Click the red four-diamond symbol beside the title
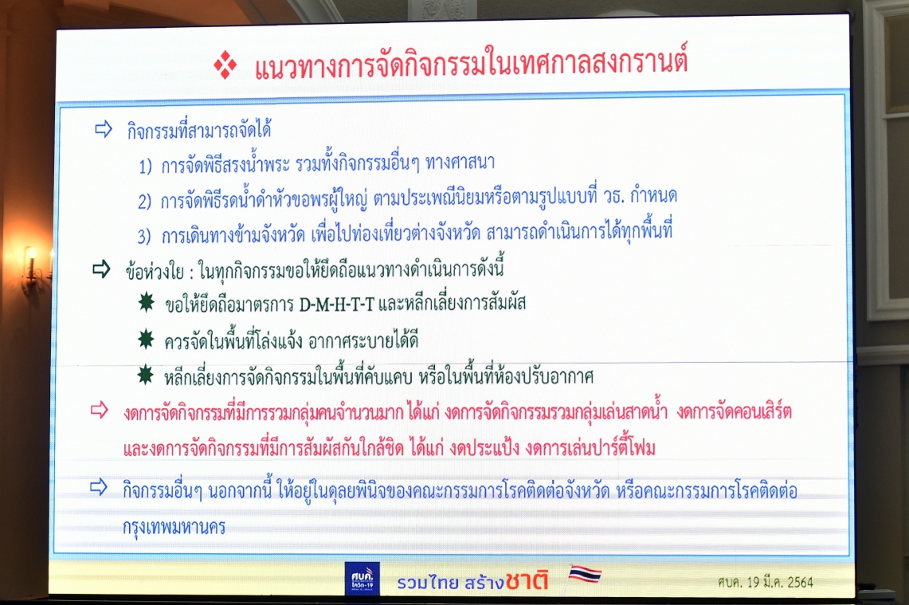point(225,65)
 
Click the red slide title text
point(472,63)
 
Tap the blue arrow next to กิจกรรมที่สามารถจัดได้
point(104,129)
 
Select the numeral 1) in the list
point(145,167)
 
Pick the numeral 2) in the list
point(144,202)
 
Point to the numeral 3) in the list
point(143,237)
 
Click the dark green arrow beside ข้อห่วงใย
point(101,269)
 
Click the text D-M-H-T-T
point(337,304)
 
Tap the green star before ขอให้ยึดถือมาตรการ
point(146,302)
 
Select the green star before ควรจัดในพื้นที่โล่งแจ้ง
point(146,339)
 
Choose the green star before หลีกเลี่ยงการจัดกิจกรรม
point(145,376)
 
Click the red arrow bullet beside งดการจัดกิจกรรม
point(99,410)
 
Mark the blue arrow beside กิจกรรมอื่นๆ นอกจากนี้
point(99,487)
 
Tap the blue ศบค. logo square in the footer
point(362,579)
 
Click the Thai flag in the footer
point(585,574)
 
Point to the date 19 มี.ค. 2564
point(780,583)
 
